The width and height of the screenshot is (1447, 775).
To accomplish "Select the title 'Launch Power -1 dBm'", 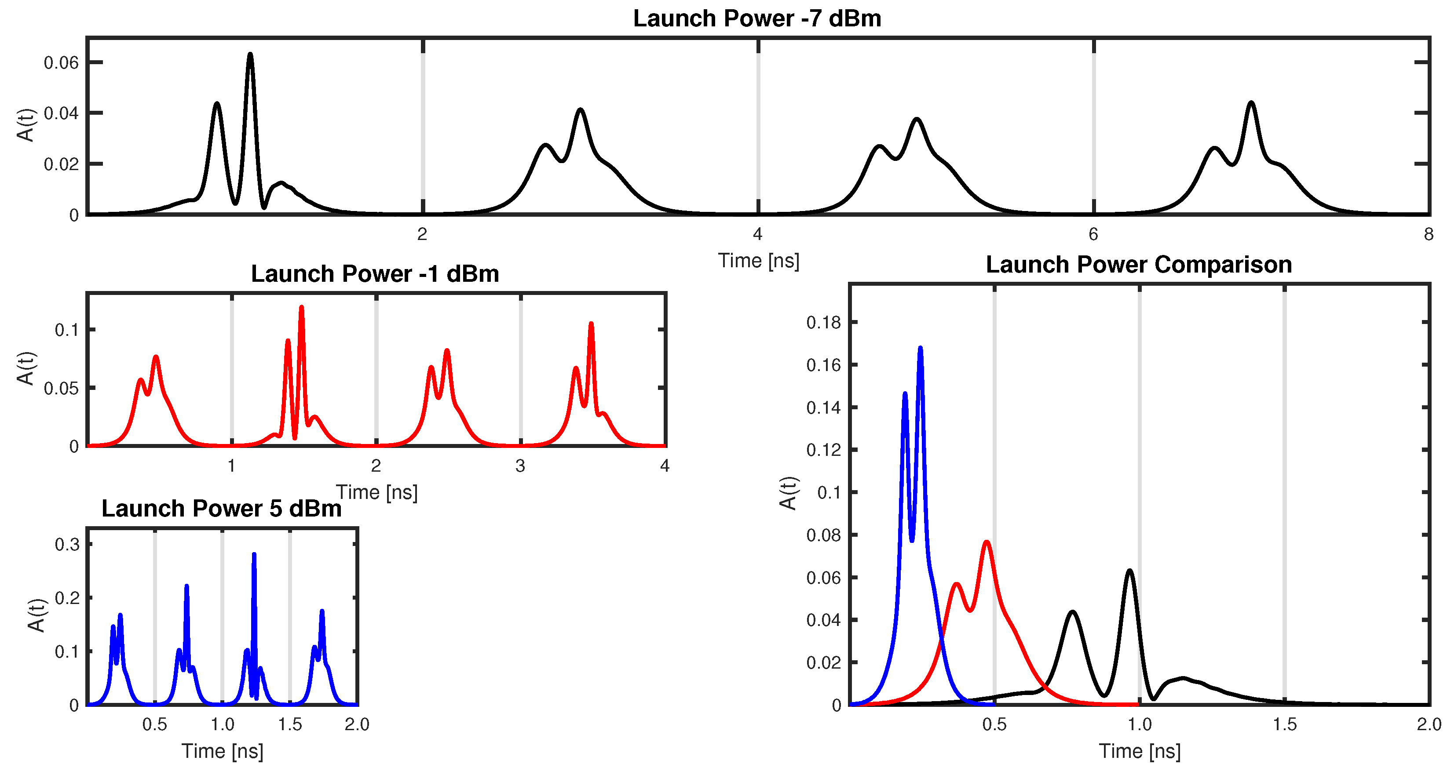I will click(375, 274).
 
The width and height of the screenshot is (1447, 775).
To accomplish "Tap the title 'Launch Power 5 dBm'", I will click(221, 508).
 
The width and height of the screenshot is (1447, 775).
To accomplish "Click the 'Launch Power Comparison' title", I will click(1139, 265).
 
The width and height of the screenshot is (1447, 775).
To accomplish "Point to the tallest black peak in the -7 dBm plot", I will click(250, 55).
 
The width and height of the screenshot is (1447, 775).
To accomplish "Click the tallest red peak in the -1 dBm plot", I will click(302, 307).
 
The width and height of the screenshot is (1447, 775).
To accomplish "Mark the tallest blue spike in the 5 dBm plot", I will click(254, 554).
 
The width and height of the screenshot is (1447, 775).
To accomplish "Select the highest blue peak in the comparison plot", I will click(920, 348).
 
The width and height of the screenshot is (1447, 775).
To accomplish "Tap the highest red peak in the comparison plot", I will click(987, 542).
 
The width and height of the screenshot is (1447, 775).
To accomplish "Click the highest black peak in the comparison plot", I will click(1129, 571).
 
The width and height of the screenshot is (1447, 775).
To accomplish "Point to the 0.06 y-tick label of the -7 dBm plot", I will click(61, 62).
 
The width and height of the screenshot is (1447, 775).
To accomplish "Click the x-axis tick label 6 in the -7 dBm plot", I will click(1093, 234).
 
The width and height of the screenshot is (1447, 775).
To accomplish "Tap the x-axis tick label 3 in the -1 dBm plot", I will click(520, 466).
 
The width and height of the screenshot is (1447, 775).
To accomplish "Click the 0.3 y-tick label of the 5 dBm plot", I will click(67, 544).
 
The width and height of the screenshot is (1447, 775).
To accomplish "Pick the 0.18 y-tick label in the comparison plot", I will click(823, 322).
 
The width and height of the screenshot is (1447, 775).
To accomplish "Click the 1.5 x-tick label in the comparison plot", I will click(1284, 724).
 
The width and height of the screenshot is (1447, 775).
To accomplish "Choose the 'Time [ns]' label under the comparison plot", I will click(1139, 751).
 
